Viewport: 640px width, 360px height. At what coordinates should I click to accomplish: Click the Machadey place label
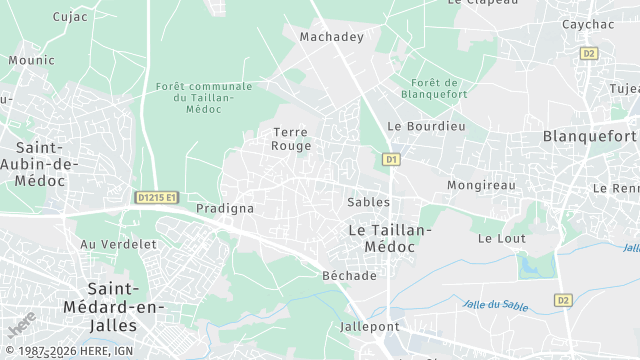click(330, 37)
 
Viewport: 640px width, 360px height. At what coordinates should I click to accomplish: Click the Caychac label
click(588, 24)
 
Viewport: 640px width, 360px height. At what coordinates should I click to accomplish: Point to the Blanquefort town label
click(589, 136)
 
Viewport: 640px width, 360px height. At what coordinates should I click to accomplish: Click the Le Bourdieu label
click(426, 127)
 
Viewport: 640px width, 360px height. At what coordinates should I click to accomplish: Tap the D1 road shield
click(391, 159)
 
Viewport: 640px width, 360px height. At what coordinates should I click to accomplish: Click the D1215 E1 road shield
click(156, 198)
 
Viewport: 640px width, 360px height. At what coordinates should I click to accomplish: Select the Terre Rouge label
click(291, 138)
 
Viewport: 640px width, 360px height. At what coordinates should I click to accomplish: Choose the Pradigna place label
click(225, 209)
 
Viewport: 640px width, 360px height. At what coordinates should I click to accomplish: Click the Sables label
click(368, 202)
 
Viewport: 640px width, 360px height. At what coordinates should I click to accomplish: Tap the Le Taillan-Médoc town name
click(389, 238)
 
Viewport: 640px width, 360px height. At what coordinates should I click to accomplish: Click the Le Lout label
click(501, 239)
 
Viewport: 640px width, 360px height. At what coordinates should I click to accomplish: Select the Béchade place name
click(350, 276)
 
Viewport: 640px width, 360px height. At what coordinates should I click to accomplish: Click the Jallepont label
click(369, 327)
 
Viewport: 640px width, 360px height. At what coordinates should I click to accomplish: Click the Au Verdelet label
click(118, 244)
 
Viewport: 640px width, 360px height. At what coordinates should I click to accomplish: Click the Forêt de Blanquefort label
click(433, 89)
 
